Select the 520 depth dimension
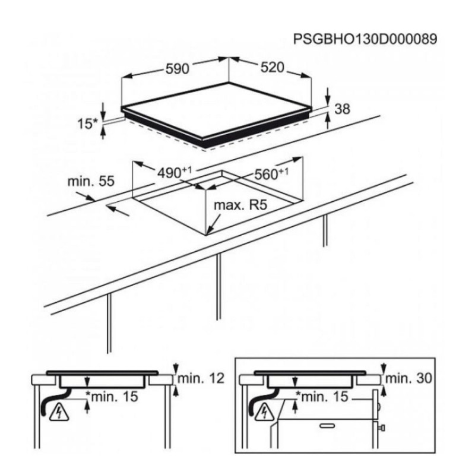[273, 68]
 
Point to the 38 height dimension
[343, 109]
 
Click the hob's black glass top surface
[217, 119]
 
